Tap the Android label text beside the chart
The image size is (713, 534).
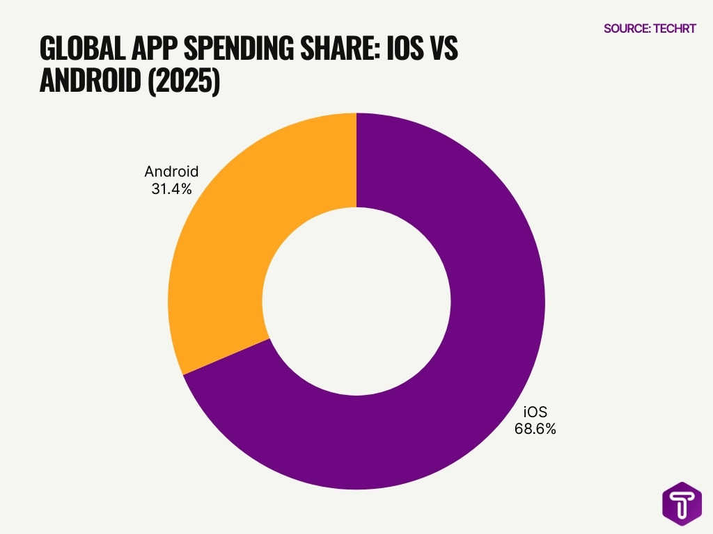point(171,172)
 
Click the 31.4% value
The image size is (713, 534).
point(171,189)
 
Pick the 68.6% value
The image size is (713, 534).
point(535,429)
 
